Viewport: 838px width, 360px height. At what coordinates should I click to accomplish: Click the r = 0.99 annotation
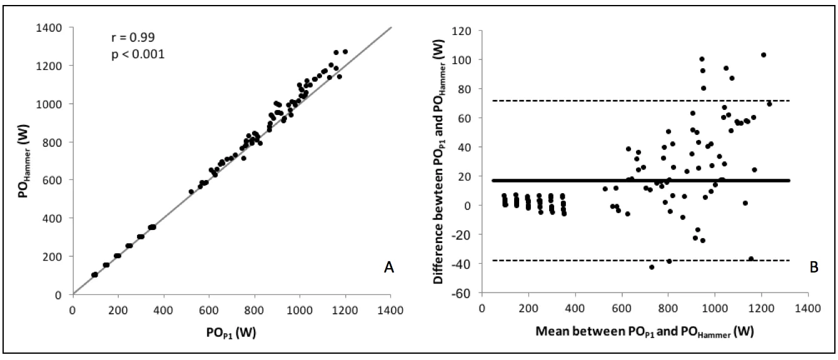point(133,37)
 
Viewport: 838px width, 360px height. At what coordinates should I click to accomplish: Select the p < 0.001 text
point(138,54)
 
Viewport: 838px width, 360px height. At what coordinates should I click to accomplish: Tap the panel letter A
point(389,267)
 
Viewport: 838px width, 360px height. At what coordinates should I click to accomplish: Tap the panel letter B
point(814,267)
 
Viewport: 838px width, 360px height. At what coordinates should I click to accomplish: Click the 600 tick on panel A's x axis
point(209,310)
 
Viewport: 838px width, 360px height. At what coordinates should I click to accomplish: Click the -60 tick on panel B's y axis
point(462,294)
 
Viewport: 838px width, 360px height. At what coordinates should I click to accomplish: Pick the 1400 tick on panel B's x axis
point(808,308)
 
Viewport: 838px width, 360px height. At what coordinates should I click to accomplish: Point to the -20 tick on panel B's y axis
point(462,235)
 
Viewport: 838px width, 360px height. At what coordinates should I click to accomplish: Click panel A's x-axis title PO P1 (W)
point(231,332)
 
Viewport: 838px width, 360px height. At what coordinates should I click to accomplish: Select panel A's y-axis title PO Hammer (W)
point(24,161)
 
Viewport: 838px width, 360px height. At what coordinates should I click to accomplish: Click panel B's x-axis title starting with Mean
point(645,332)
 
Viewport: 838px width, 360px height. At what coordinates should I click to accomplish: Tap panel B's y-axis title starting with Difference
point(439,161)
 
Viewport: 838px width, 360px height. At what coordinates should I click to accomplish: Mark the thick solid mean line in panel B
point(641,181)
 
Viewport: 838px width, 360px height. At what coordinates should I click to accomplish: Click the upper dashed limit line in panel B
point(641,101)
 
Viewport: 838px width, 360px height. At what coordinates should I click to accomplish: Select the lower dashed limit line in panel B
point(641,260)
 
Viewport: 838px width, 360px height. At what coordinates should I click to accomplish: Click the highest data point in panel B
point(764,55)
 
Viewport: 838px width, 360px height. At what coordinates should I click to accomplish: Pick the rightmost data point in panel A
point(345,52)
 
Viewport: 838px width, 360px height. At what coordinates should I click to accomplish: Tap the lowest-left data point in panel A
point(94,275)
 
